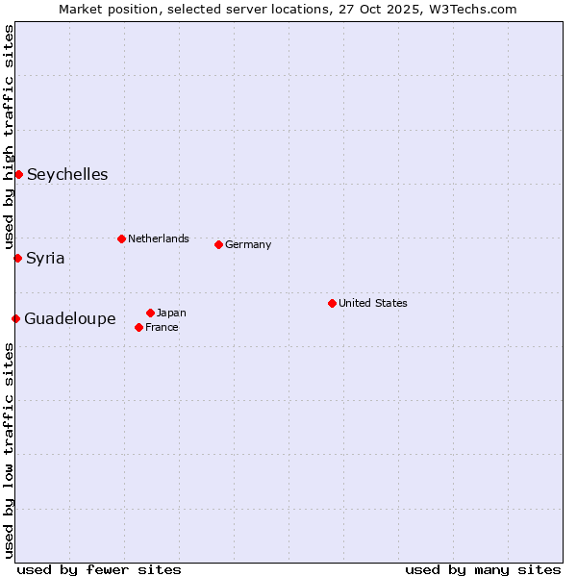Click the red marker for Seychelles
(x=18, y=174)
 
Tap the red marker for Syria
(x=17, y=258)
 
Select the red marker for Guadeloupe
(x=15, y=318)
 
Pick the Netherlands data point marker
(x=121, y=238)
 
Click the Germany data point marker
(x=218, y=244)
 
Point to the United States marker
(x=332, y=303)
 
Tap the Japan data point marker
(x=150, y=313)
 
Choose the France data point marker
(x=138, y=327)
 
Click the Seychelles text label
(x=67, y=174)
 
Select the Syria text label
(x=45, y=258)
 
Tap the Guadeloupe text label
(x=70, y=319)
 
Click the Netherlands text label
(x=159, y=238)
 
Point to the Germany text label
(x=248, y=244)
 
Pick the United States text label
(x=373, y=303)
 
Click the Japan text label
(x=171, y=313)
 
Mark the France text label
(x=162, y=327)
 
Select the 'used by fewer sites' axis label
(x=99, y=569)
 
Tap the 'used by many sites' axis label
(x=483, y=569)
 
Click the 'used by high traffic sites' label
(x=9, y=134)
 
